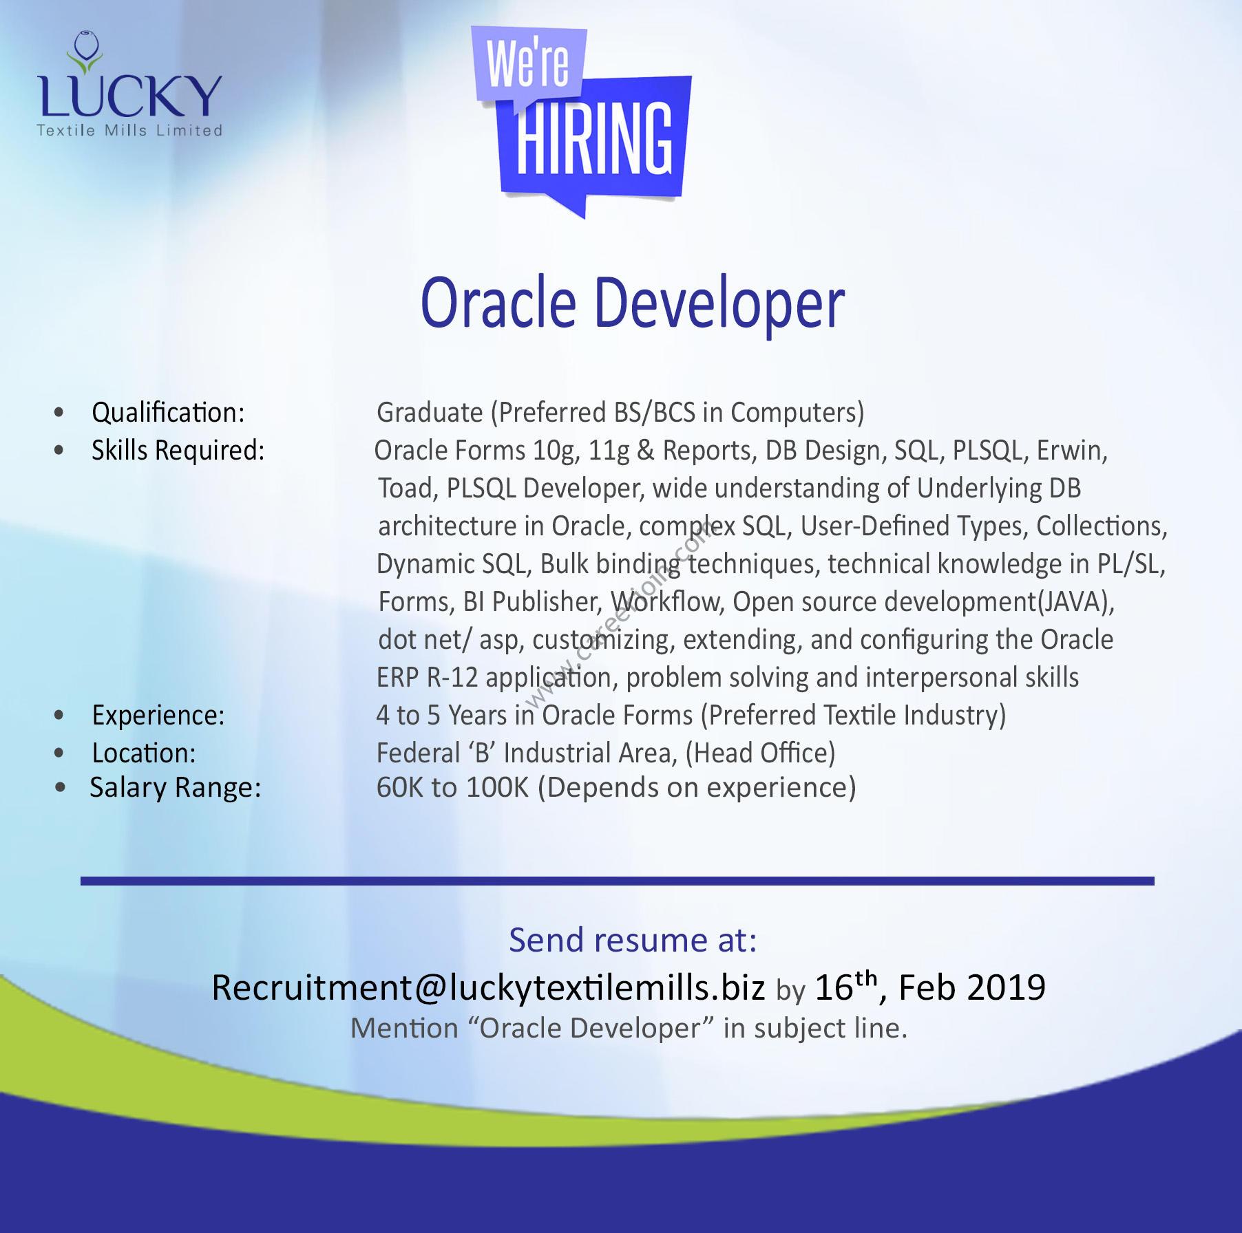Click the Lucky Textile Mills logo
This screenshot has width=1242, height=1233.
129,83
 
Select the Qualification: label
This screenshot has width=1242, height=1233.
168,413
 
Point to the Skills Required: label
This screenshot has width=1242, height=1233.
178,451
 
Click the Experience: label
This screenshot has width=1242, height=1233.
158,716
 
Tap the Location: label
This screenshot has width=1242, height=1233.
144,753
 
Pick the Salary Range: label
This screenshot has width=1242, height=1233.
176,788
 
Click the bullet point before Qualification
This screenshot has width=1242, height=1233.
59,413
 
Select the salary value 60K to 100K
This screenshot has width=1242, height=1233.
452,787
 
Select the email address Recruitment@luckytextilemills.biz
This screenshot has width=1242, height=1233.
488,987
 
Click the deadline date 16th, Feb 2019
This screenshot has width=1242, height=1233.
930,987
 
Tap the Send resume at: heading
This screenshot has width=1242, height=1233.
633,940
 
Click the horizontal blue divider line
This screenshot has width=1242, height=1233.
617,881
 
